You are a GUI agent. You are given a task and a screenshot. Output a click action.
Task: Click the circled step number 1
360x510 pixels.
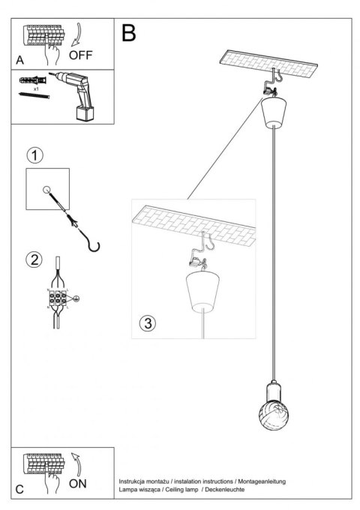(x=34, y=156)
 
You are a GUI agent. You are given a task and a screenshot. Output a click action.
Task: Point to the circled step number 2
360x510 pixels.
(x=34, y=260)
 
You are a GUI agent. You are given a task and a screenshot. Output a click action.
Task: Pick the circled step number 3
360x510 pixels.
(x=148, y=323)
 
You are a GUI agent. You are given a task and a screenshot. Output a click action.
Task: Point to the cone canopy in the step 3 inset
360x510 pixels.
(x=200, y=293)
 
